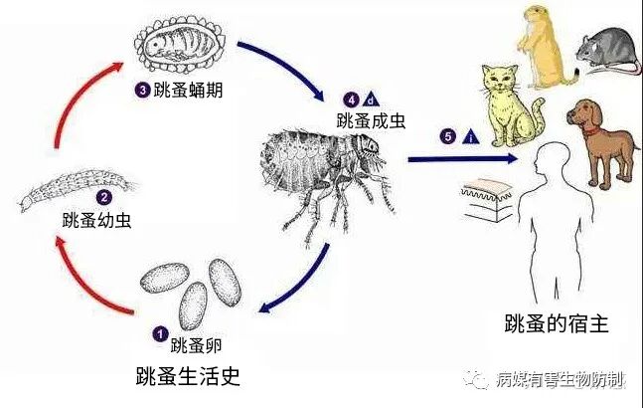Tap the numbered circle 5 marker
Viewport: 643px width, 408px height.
coord(448,136)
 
